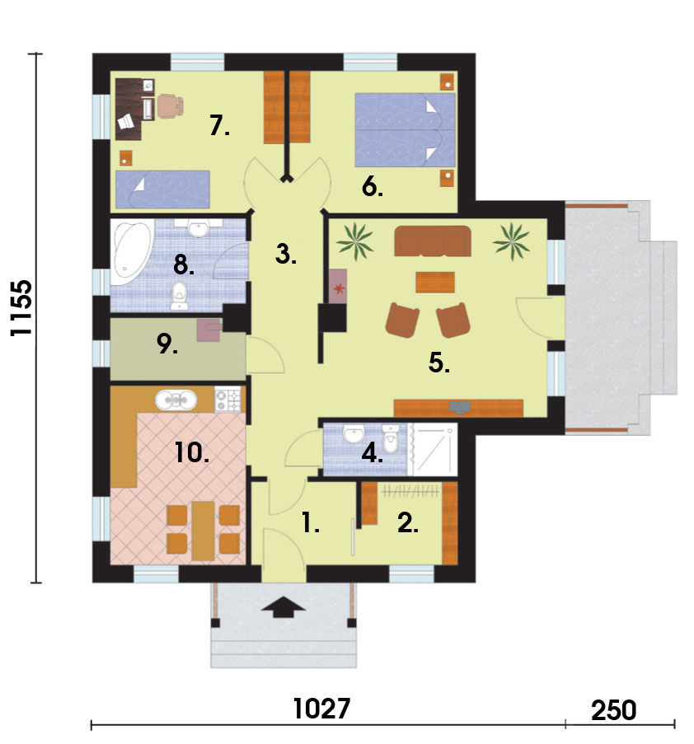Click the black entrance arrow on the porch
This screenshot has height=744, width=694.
tap(283, 607)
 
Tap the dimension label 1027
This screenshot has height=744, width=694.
tap(321, 709)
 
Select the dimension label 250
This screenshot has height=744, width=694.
tap(613, 711)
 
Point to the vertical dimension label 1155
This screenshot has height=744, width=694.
tap(21, 308)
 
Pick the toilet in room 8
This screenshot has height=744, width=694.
tap(179, 296)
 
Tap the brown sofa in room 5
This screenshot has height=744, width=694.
tap(433, 241)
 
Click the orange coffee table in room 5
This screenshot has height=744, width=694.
tap(435, 282)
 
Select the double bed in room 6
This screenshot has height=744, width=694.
tap(406, 129)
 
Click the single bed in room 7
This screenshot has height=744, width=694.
tap(163, 190)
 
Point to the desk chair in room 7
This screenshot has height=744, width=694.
tap(171, 105)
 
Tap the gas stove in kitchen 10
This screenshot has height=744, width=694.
tap(227, 399)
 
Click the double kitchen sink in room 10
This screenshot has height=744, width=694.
tap(176, 400)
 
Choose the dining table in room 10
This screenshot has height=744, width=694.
tap(203, 531)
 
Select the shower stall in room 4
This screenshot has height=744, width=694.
tap(433, 449)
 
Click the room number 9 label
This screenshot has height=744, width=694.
tap(167, 344)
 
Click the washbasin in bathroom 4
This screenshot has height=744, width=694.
tap(353, 433)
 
